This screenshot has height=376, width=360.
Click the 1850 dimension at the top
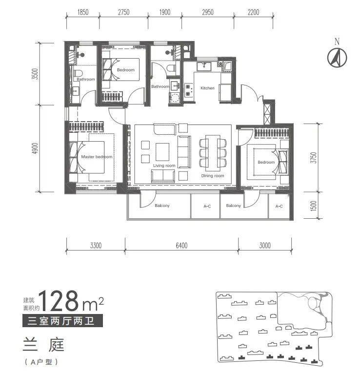click(x=83, y=12)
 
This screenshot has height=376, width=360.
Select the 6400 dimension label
click(x=181, y=245)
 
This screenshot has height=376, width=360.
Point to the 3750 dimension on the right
click(x=314, y=158)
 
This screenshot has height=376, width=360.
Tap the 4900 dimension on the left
click(x=35, y=148)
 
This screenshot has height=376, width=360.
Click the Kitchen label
click(x=207, y=88)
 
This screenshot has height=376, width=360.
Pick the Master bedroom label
click(x=97, y=157)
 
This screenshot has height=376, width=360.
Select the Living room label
click(x=164, y=166)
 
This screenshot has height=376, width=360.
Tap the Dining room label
click(x=213, y=176)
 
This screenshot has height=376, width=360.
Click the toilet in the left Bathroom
click(x=79, y=73)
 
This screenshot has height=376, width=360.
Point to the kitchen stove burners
click(x=188, y=90)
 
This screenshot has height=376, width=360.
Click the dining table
click(x=213, y=151)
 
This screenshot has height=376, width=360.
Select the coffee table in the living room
click(x=162, y=152)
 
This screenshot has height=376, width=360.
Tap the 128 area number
click(x=59, y=301)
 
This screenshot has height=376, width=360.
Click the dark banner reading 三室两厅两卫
click(x=63, y=321)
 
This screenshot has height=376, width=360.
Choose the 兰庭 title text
click(x=43, y=344)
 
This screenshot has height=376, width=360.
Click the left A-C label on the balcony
click(x=207, y=206)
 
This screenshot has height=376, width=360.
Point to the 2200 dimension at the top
click(x=253, y=12)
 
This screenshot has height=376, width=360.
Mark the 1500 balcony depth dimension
click(x=314, y=206)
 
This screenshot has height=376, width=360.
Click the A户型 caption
click(x=41, y=362)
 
